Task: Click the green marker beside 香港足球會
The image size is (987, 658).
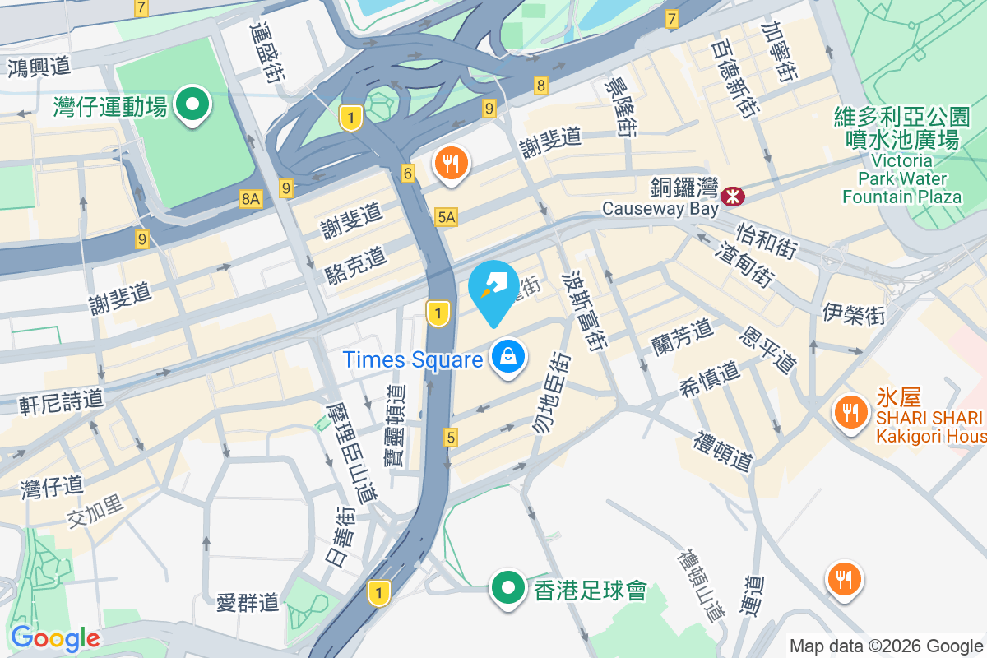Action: (x=508, y=588)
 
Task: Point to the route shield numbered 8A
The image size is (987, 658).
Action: (x=251, y=198)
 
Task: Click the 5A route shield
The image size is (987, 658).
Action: (x=446, y=217)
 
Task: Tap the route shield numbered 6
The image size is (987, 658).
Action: (x=408, y=173)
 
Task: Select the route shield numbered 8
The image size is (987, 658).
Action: (x=540, y=85)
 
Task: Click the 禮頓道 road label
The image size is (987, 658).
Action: (x=724, y=451)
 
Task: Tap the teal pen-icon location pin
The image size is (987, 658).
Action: (x=493, y=290)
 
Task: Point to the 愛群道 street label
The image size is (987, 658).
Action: (x=248, y=603)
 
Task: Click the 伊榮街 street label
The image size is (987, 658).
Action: (x=853, y=313)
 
